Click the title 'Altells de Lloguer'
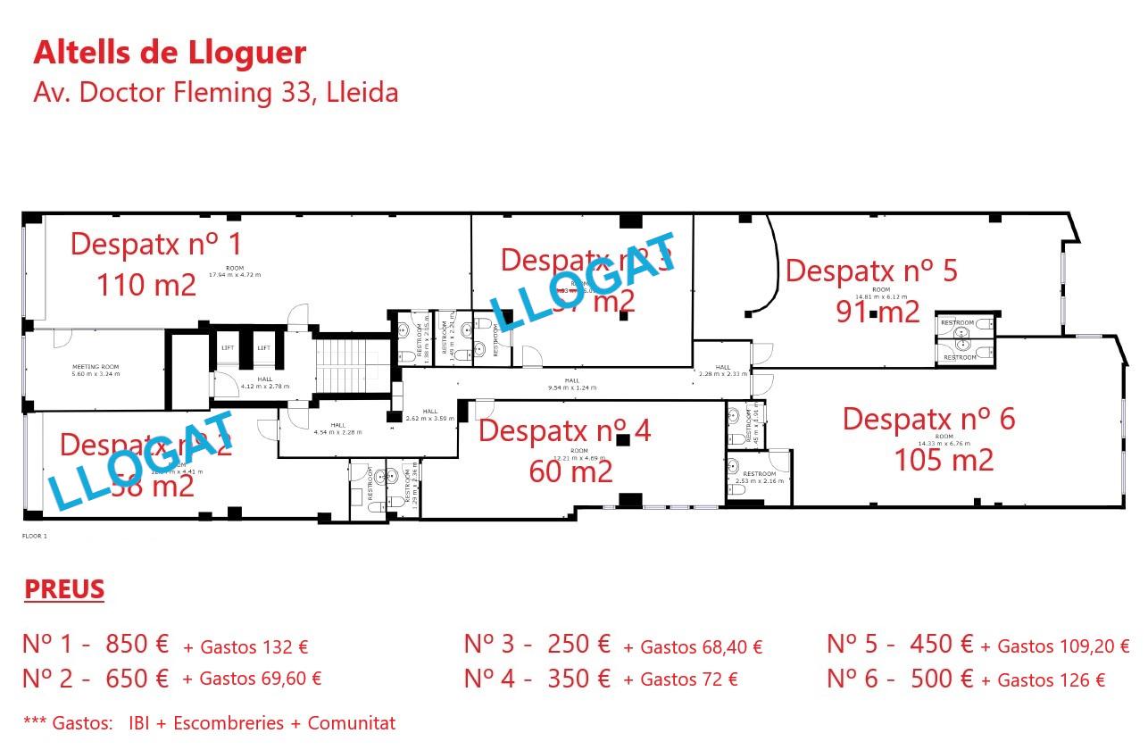coord(170,53)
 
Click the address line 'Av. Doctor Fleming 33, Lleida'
coord(215,92)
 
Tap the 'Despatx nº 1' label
coord(156,244)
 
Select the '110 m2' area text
coord(146,285)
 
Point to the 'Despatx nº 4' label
coord(564,430)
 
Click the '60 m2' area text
coord(570,471)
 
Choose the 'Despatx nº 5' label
coord(871,270)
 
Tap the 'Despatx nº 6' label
coord(928,419)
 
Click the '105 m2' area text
coord(944,460)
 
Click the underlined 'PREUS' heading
coord(64,589)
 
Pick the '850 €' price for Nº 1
coord(137,644)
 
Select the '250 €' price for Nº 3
coord(578,644)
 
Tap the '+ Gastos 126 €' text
coord(1043,680)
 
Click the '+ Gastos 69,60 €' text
coord(252,679)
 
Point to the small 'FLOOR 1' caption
coord(34,537)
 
